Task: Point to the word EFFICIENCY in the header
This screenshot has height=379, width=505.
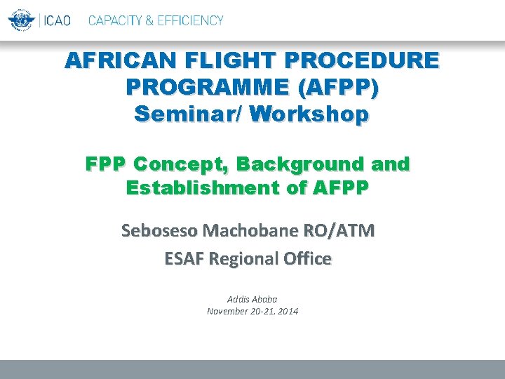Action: point(187,20)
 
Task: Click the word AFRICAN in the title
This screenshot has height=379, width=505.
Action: point(110,61)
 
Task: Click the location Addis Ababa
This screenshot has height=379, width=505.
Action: point(252,299)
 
